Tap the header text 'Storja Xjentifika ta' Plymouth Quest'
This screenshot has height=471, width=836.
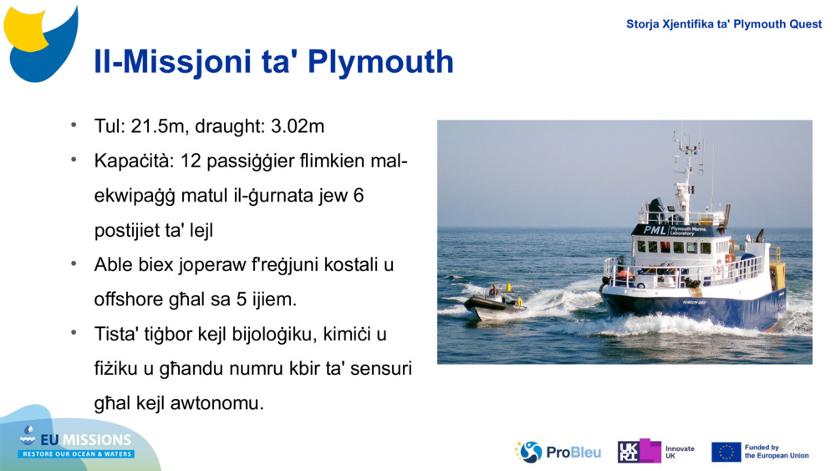coord(724,24)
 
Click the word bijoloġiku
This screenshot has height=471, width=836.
coord(284,334)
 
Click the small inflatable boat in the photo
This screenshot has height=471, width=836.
coord(495,303)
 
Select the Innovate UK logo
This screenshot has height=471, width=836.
coord(656,452)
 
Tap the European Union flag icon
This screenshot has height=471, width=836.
coord(726,452)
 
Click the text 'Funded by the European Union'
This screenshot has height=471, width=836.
coord(777,452)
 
